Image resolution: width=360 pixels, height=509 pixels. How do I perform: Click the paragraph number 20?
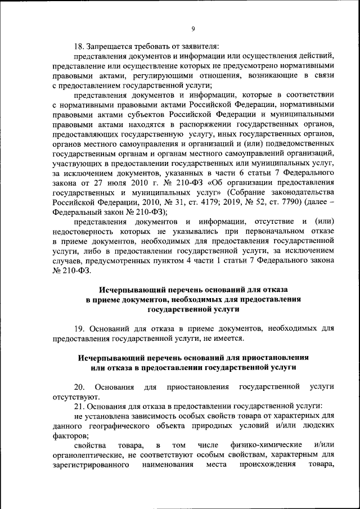[x=79, y=387]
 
